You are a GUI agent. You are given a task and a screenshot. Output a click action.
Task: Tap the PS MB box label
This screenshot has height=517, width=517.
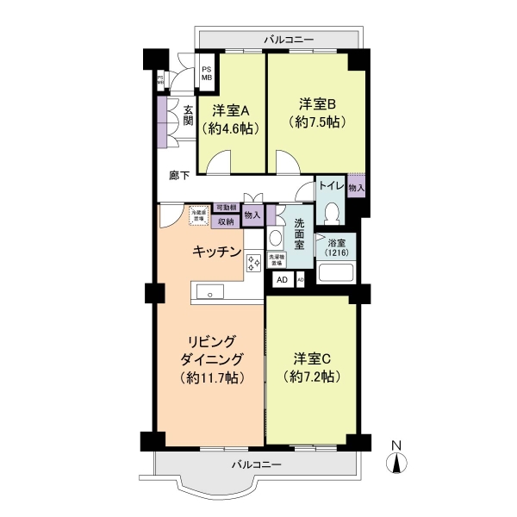coord(206,73)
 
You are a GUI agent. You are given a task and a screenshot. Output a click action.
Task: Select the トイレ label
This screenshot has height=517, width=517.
coord(332,185)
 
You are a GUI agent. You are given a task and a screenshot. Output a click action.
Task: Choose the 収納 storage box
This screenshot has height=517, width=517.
coord(226,221)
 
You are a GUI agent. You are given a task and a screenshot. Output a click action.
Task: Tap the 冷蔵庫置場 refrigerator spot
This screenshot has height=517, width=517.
coord(197,216)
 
